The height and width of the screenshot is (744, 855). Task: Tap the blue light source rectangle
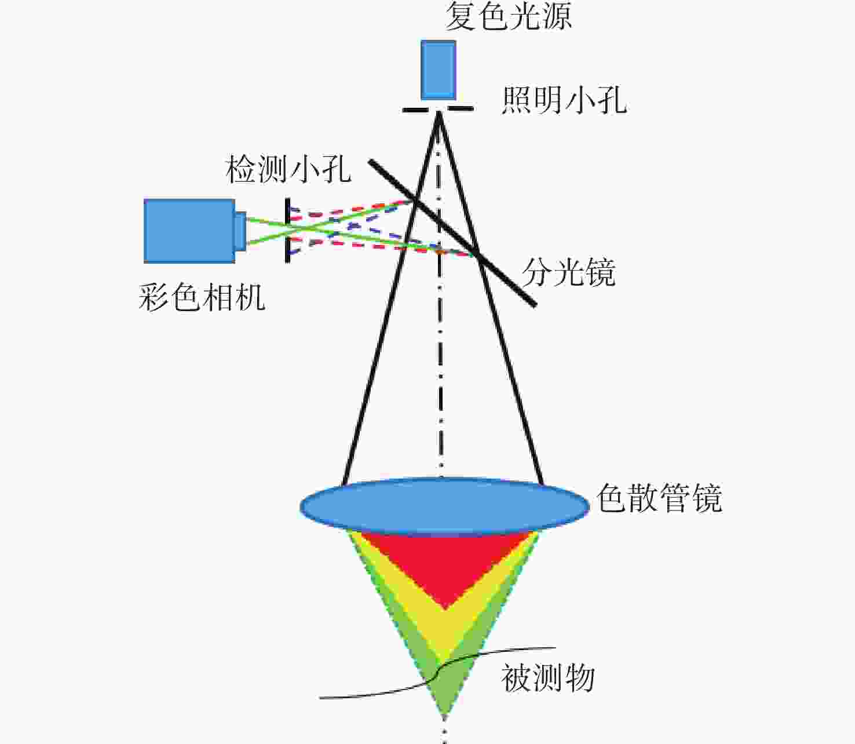pyautogui.click(x=439, y=70)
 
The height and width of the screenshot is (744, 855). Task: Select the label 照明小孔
pyautogui.click(x=564, y=101)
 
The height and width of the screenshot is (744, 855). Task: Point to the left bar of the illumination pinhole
pyautogui.click(x=415, y=110)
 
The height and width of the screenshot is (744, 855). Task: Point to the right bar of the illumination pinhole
pyautogui.click(x=461, y=109)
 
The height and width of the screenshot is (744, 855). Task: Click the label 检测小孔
pyautogui.click(x=288, y=170)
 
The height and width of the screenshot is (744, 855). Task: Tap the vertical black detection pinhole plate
pyautogui.click(x=287, y=231)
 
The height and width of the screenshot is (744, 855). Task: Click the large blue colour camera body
pyautogui.click(x=189, y=231)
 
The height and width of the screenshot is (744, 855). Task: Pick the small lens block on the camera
pyautogui.click(x=241, y=231)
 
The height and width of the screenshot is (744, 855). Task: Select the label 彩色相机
pyautogui.click(x=202, y=297)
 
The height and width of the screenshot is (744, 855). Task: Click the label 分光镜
pyautogui.click(x=569, y=272)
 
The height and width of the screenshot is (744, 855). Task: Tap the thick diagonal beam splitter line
pyautogui.click(x=452, y=233)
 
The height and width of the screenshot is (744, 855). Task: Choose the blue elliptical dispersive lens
pyautogui.click(x=445, y=506)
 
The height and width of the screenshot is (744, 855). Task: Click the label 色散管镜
pyautogui.click(x=659, y=498)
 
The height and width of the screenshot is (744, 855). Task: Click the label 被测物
pyautogui.click(x=548, y=678)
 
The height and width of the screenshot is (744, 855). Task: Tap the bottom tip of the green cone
pyautogui.click(x=445, y=714)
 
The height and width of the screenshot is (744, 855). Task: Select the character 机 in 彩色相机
pyautogui.click(x=250, y=297)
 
